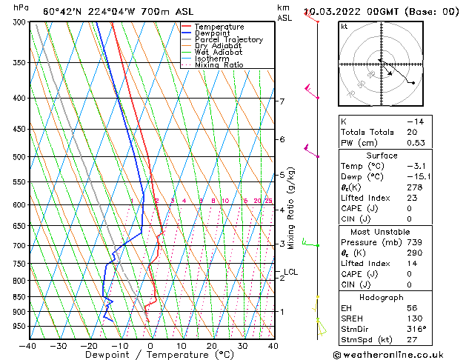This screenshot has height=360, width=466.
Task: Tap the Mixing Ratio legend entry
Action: coord(219,65)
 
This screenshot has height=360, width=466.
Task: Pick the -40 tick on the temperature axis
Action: coord(28,345)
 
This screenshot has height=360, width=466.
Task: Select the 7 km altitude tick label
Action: coord(282,101)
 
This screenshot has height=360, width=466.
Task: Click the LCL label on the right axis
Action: coord(290,272)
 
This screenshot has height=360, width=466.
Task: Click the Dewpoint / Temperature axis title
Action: coord(150,355)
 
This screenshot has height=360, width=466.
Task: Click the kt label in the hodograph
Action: coord(344,26)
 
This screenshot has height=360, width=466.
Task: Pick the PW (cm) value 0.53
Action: coord(416,143)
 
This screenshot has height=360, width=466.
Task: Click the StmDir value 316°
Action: coord(414,329)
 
